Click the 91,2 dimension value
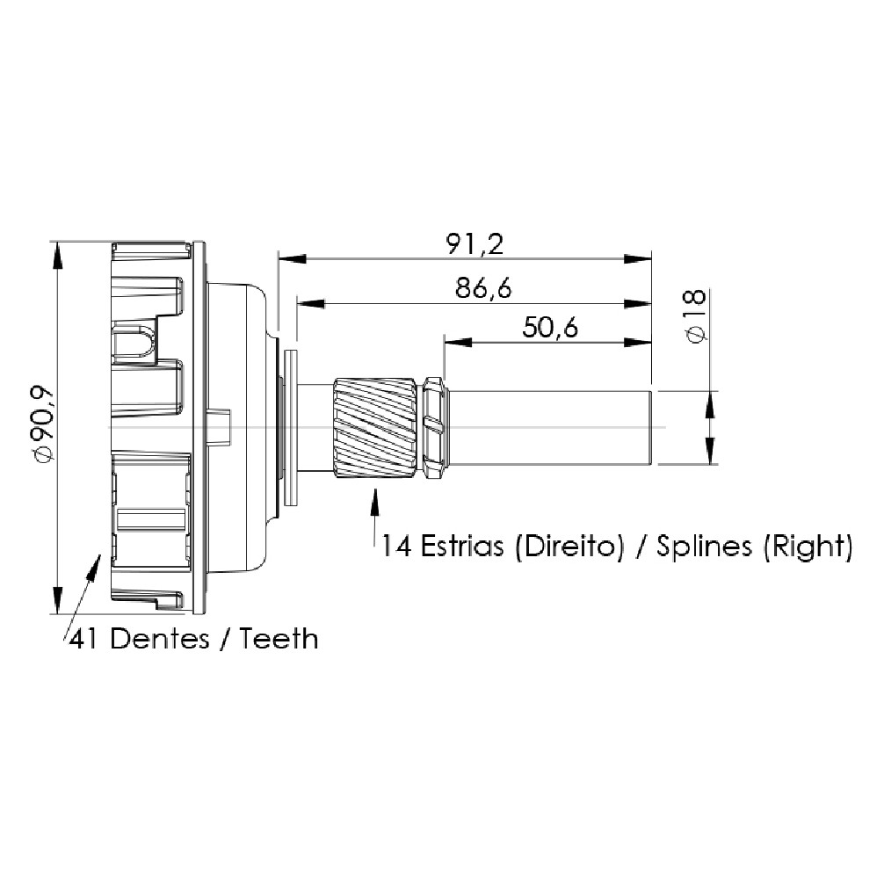pos(475,243)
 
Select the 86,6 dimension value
pos(483,288)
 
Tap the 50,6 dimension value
pos(550,327)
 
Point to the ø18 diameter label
pos(696,315)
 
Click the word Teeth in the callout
pos(279,640)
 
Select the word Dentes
pos(160,640)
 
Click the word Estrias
pos(462,547)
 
